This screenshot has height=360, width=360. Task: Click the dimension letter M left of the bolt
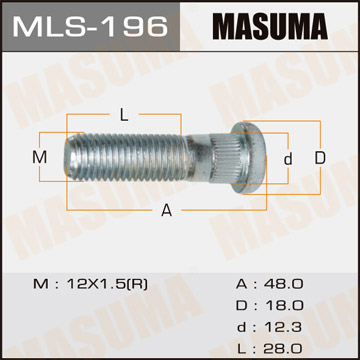[40, 158]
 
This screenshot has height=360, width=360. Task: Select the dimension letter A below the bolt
[166, 209]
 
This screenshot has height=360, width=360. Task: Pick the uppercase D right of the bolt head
[319, 158]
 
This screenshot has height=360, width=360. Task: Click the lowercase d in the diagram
[287, 158]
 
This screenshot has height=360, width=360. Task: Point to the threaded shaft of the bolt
[135, 158]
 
